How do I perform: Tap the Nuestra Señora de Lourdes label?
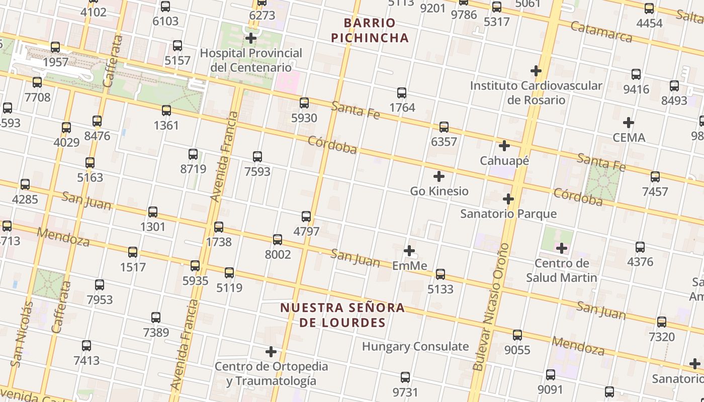point(342,315)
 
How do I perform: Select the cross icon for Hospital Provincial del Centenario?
point(250,38)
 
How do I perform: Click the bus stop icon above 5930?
point(304,103)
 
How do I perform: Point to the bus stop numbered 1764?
point(402,93)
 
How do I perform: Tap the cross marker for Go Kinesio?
point(439,176)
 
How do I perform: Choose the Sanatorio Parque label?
point(508,214)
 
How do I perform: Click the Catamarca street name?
point(601,32)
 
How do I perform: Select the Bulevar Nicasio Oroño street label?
point(491,307)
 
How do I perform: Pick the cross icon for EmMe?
point(409,250)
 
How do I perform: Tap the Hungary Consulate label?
point(415,346)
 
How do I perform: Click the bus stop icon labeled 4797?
point(306,217)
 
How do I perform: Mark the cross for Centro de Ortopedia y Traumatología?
point(271,351)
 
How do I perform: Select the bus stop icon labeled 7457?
point(655,177)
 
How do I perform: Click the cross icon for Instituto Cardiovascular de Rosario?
point(536,71)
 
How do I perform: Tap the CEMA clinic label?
point(629,137)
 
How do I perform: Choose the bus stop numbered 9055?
point(517,335)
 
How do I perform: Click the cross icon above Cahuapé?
point(504,146)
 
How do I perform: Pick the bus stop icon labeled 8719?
point(193,154)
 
